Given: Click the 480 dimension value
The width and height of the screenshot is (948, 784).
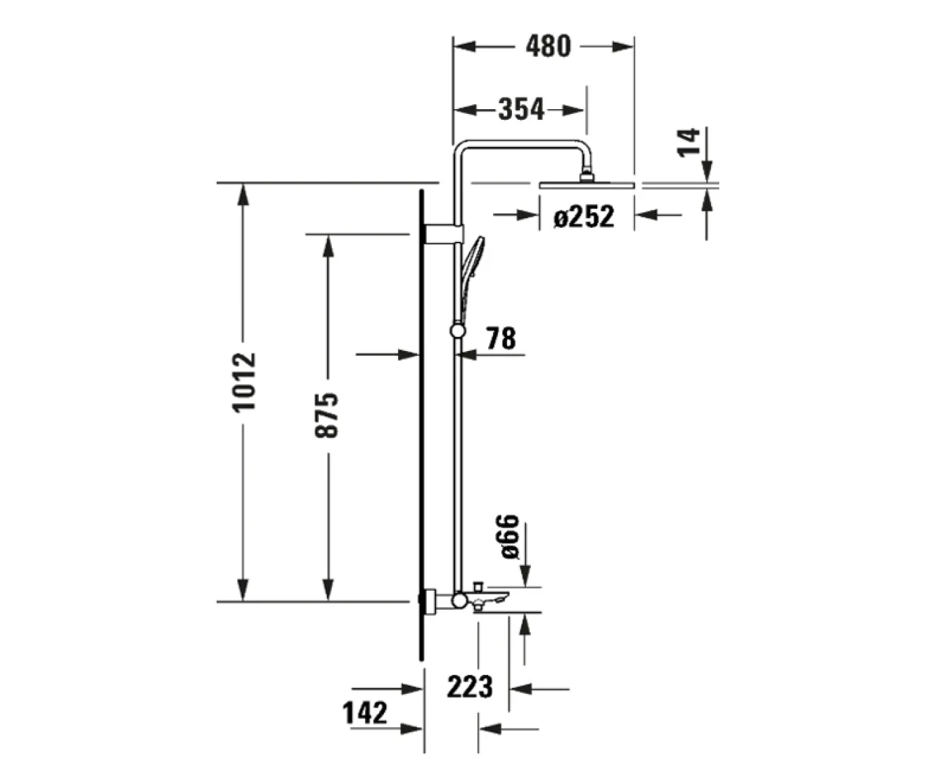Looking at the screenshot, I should coord(548,46).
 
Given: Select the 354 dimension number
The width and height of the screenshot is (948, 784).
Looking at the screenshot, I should coord(521,109).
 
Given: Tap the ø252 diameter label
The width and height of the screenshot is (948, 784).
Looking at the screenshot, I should coord(583,216).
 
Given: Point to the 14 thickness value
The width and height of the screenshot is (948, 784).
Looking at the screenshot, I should coord(689,142).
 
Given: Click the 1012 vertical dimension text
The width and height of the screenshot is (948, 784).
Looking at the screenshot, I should coord(244,381).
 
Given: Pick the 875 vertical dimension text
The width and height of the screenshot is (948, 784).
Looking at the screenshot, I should coord(327,414).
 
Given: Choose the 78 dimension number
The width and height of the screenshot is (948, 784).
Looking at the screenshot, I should coord(500,337).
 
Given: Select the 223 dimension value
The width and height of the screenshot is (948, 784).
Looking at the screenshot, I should coord(469,686).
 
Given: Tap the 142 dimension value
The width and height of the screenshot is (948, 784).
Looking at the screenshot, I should coord(365,713).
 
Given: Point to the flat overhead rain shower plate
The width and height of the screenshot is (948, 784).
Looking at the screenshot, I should coord(586,184).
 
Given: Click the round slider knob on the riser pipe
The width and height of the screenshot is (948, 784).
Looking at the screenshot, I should coord(458,330).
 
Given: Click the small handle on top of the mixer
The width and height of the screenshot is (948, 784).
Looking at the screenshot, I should coord(477,585).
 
